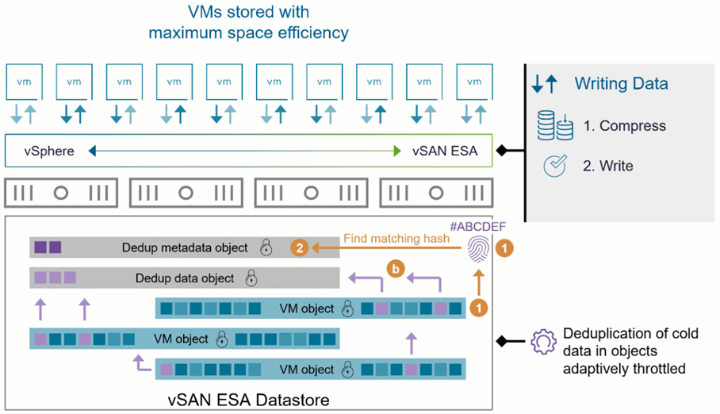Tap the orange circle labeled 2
click(299, 248)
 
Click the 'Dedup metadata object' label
click(185, 248)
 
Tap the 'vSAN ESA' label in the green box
click(445, 151)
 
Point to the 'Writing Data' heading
click(621, 83)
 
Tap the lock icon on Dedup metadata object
click(266, 248)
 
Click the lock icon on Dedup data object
click(251, 278)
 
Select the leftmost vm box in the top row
click(24, 82)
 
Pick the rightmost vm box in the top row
click(474, 82)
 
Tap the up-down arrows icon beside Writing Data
click(546, 83)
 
